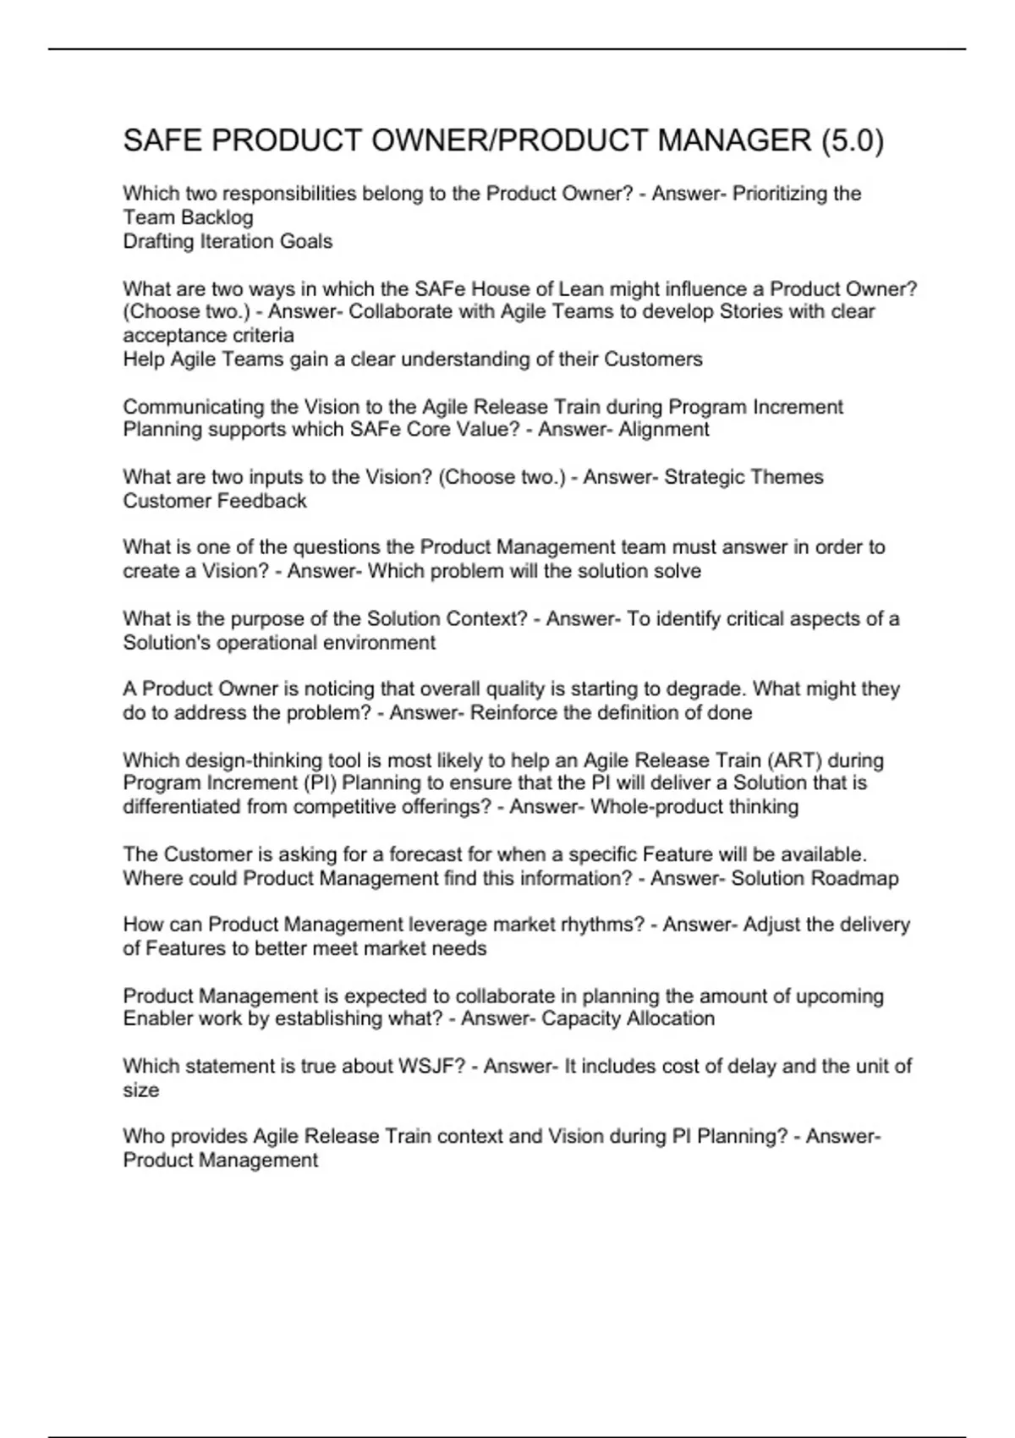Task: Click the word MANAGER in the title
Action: [733, 140]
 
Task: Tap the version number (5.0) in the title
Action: [852, 140]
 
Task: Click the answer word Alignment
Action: [664, 430]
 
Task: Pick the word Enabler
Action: [157, 1019]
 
